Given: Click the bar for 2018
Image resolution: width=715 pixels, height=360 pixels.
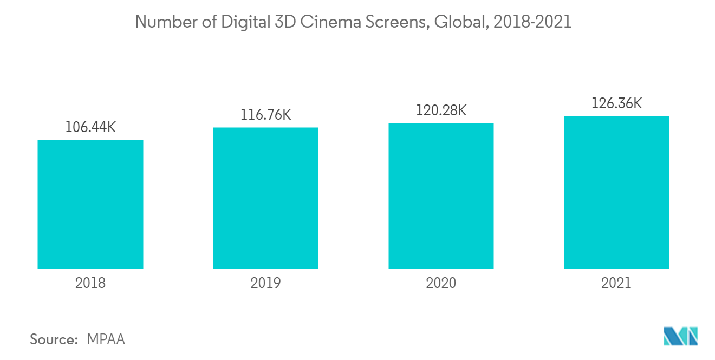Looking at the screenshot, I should pyautogui.click(x=90, y=204).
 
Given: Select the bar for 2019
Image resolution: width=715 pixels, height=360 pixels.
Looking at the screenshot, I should pyautogui.click(x=265, y=198).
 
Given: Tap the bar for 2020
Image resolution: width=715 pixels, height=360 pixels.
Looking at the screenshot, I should pyautogui.click(x=441, y=196).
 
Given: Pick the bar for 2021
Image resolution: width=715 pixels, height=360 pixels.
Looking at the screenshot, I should pyautogui.click(x=616, y=192).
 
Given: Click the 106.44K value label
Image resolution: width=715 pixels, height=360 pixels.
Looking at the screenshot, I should pyautogui.click(x=90, y=127).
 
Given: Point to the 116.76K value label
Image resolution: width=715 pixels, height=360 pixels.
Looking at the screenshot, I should pyautogui.click(x=265, y=115).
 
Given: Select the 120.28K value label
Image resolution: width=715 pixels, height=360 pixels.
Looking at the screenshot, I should pyautogui.click(x=441, y=110).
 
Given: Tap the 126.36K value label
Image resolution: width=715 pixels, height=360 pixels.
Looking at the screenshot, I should pyautogui.click(x=616, y=103).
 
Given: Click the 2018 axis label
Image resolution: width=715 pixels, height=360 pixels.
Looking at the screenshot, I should pyautogui.click(x=90, y=283).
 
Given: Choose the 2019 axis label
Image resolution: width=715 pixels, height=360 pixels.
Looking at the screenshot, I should pyautogui.click(x=265, y=283).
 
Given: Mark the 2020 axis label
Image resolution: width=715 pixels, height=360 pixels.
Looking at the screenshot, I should pyautogui.click(x=441, y=283).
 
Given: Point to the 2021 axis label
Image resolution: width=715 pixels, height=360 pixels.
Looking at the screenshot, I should pyautogui.click(x=616, y=283).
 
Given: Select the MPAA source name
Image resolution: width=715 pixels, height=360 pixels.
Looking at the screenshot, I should pyautogui.click(x=106, y=339).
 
